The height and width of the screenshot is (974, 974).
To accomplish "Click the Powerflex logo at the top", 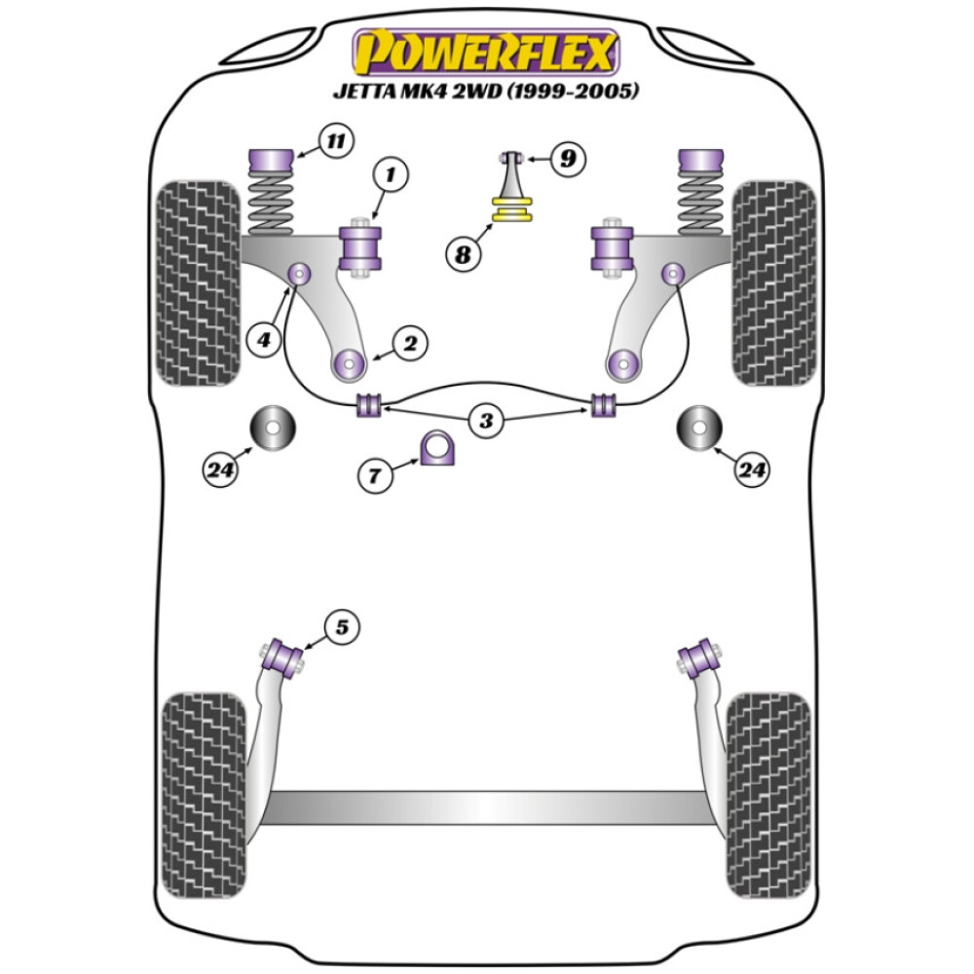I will point(486,53).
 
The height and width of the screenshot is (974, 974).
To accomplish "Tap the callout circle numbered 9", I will point(568,156).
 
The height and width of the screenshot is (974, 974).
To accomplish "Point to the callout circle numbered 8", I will point(463,255).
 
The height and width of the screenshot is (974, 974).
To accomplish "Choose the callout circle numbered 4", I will point(262,340).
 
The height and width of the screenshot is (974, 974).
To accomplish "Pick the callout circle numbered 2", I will point(410,343).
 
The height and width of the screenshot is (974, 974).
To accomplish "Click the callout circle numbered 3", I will point(486,422).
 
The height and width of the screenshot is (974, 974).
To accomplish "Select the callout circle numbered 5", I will point(342,628).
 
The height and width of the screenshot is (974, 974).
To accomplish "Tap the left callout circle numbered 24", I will point(221,471).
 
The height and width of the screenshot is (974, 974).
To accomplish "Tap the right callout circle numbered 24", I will point(751,471).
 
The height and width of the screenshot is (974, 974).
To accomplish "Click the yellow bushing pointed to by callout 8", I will point(514,209).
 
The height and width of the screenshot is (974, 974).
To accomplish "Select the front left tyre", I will point(198,282).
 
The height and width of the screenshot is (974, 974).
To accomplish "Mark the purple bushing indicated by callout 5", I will point(286,655).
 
